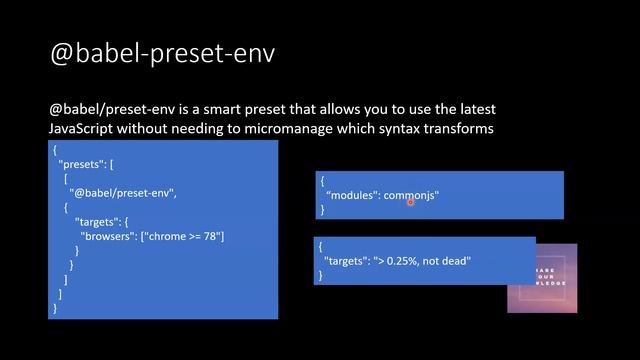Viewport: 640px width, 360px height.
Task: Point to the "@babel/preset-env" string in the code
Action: pos(115,192)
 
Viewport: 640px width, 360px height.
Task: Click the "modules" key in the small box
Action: pos(353,195)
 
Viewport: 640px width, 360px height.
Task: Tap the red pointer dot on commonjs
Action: pos(411,201)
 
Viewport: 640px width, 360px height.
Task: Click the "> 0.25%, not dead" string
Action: pos(421,261)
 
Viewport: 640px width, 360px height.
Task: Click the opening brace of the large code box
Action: pos(55,149)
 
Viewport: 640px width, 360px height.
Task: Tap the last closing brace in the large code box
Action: pos(55,309)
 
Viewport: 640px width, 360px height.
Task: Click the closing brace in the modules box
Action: pos(322,210)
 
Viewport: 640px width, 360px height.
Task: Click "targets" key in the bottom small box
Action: pos(339,261)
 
